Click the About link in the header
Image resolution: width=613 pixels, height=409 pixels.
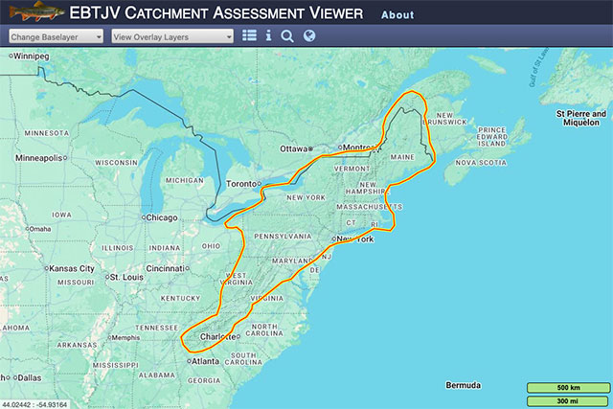(397, 15)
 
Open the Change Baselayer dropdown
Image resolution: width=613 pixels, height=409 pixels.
(57, 36)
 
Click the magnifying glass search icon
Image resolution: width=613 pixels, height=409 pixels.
(287, 36)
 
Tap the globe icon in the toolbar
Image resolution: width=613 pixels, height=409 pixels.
(308, 36)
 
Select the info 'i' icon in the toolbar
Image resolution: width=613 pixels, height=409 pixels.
(268, 36)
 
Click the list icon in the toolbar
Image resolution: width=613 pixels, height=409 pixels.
(249, 36)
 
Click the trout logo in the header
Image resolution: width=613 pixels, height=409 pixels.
(32, 13)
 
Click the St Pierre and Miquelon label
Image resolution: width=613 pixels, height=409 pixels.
(581, 118)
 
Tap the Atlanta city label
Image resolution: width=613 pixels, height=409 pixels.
(205, 361)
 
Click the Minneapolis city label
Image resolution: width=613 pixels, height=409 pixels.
(39, 157)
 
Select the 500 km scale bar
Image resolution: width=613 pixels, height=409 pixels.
(567, 387)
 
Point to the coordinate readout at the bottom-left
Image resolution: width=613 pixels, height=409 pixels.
(35, 403)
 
